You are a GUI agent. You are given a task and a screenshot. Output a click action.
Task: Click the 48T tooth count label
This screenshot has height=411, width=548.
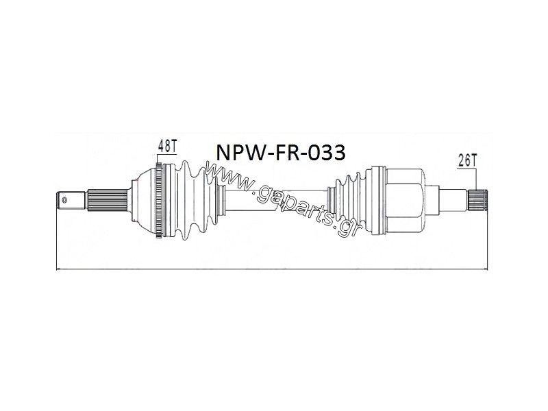(x=168, y=146)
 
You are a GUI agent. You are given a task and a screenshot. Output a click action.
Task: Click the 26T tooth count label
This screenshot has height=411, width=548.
(x=467, y=161)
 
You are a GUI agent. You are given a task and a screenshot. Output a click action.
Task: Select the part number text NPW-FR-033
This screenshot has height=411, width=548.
(x=281, y=152)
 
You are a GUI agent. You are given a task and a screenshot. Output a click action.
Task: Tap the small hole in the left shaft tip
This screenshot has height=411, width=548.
(x=64, y=200)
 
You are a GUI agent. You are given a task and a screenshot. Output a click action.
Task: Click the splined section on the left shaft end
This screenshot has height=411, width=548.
(x=107, y=200)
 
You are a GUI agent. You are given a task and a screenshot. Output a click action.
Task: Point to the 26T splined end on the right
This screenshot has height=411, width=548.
(x=477, y=200)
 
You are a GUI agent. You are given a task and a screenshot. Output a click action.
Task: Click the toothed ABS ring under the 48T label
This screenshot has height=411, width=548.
(x=159, y=200)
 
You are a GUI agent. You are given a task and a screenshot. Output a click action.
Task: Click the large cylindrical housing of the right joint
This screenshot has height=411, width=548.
(x=405, y=200)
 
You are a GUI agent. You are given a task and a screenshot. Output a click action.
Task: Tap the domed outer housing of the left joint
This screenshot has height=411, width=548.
(x=143, y=200)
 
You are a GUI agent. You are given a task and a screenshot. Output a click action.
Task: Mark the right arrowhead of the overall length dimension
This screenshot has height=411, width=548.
(x=486, y=269)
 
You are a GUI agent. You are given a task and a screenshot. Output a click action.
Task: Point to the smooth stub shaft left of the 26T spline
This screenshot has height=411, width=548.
(x=453, y=200)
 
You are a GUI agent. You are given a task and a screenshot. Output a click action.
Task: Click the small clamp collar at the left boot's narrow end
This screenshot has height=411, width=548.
(x=221, y=200)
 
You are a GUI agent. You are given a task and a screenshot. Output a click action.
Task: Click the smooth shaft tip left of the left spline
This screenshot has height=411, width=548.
(x=71, y=200)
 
